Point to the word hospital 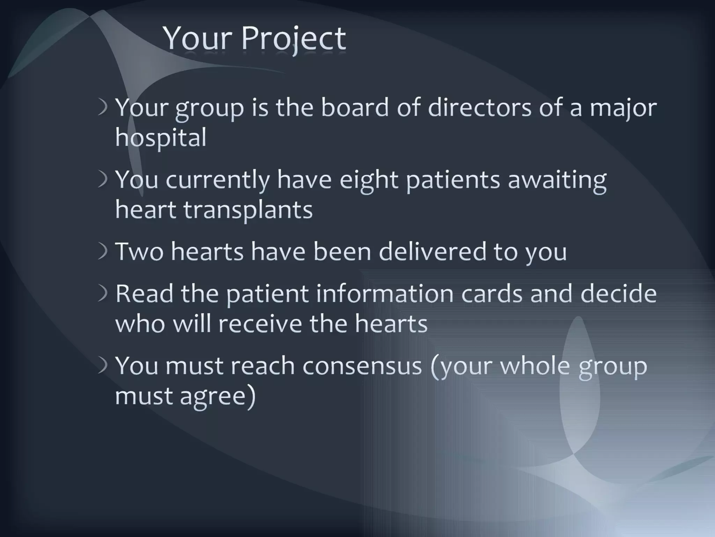pos(161,138)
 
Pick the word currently pos(218,180)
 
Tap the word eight pos(369,180)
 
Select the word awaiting pos(557,180)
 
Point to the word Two pos(139,251)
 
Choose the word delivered pos(432,251)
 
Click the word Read pos(144,293)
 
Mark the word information pos(385,293)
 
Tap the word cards pos(492,293)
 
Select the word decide pos(618,293)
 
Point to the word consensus pos(362,366)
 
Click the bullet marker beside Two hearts pos(103,252)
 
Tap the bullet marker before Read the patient pos(103,294)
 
